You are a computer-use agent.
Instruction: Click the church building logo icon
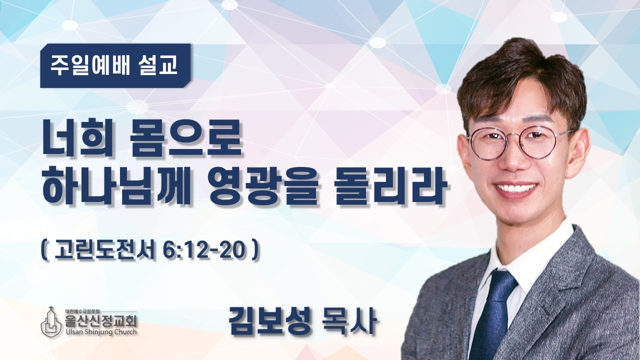(x=51, y=322)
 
